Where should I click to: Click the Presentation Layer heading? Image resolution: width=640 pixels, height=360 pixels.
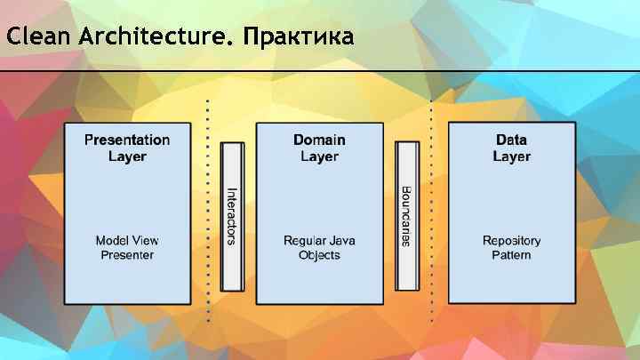pos(127,148)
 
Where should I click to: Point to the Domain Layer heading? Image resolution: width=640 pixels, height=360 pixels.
pos(319,148)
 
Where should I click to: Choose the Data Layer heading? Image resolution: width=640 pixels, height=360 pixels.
pos(511,148)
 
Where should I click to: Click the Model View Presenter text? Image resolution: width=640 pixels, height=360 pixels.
pos(127,248)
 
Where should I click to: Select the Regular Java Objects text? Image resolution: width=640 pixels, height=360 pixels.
pos(319,248)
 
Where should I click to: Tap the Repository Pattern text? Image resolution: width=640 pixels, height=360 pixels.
pos(511,248)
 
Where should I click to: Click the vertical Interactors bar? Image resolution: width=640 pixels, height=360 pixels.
pos(231,215)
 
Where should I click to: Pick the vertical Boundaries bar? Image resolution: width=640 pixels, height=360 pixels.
pos(406,215)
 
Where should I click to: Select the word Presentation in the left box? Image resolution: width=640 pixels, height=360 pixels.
pos(127,140)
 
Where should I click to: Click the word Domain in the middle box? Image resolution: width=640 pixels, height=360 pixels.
pos(319,140)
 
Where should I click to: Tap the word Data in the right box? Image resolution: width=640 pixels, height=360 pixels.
pos(511,140)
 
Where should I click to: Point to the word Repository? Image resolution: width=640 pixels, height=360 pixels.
pos(511,241)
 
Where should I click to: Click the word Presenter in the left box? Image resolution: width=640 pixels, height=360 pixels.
pos(127,256)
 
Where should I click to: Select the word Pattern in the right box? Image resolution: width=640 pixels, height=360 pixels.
pos(511,256)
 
